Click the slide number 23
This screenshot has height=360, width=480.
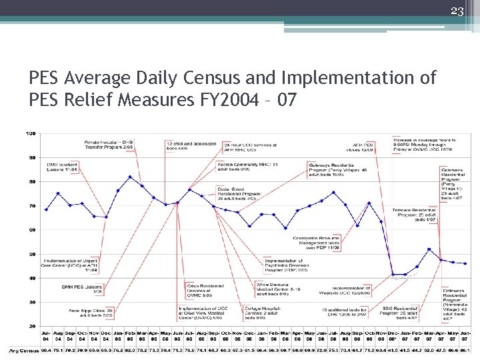pos(457,10)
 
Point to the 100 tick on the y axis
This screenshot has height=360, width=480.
pos(31,134)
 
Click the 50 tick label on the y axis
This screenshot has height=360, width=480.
pos(31,254)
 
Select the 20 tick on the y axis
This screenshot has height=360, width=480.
pos(31,326)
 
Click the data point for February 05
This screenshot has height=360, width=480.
pos(130,177)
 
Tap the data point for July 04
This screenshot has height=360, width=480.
pos(46,209)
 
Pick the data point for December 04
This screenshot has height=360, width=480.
pos(106,217)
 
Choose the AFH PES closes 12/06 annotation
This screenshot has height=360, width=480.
pos(367,147)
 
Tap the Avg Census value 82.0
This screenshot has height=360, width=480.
pos(130,350)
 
